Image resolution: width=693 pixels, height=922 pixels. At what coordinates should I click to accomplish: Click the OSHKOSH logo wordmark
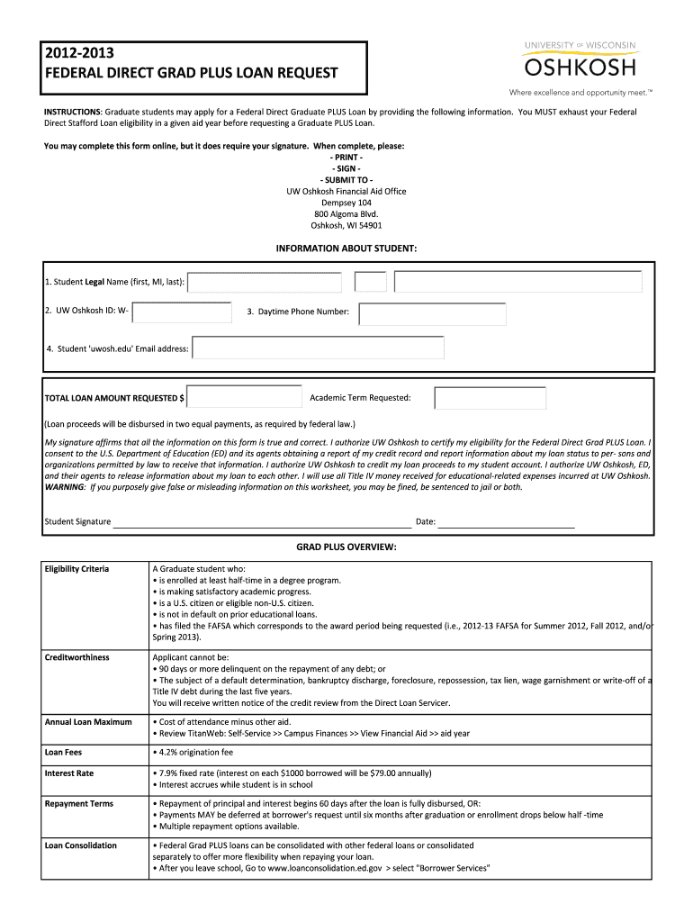pyautogui.click(x=580, y=68)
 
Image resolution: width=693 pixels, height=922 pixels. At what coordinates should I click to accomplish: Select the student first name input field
pyautogui.click(x=265, y=283)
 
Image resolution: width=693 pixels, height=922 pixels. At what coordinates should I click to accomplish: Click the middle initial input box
pyautogui.click(x=370, y=283)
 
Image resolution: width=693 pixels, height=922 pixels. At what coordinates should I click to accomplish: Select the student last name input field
pyautogui.click(x=518, y=283)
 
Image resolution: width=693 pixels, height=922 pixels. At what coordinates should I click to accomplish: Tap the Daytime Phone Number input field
pyautogui.click(x=432, y=313)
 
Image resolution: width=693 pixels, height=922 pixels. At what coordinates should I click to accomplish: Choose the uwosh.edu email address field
pyautogui.click(x=318, y=348)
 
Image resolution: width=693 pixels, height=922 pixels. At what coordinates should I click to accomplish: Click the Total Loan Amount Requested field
pyautogui.click(x=245, y=397)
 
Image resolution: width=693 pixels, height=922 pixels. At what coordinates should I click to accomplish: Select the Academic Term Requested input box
pyautogui.click(x=490, y=398)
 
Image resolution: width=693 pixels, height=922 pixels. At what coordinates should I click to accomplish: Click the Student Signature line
pyautogui.click(x=261, y=522)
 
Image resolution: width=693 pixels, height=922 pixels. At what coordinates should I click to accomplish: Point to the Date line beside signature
pyautogui.click(x=506, y=522)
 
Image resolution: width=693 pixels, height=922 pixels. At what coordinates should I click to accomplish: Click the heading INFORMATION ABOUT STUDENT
pyautogui.click(x=346, y=248)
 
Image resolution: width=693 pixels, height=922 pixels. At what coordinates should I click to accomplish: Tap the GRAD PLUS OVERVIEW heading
pyautogui.click(x=346, y=547)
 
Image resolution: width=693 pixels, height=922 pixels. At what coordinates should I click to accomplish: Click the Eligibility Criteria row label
pyautogui.click(x=76, y=569)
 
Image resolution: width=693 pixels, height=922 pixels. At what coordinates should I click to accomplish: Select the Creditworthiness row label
pyautogui.click(x=76, y=657)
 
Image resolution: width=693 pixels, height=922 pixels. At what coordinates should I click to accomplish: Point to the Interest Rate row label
pyautogui.click(x=69, y=773)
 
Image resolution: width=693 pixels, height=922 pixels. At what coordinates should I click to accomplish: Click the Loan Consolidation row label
pyautogui.click(x=81, y=845)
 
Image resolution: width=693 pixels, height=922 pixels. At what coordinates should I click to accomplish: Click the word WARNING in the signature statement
pyautogui.click(x=65, y=487)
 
